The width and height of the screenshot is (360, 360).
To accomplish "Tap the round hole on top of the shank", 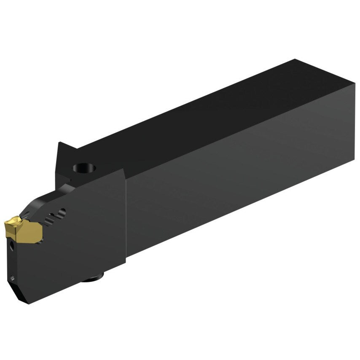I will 84,169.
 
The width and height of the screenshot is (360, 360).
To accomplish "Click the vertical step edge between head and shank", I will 126,211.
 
